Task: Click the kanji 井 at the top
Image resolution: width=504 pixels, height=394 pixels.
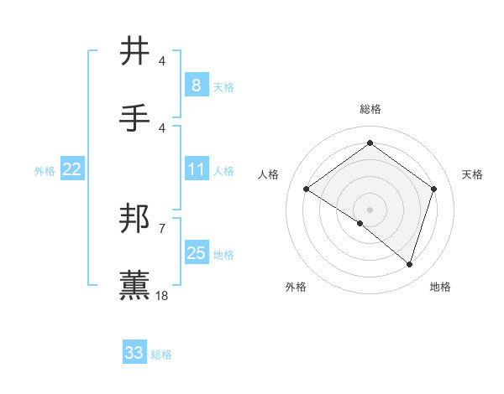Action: coord(135,52)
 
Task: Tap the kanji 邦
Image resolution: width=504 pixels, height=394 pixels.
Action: coord(135,220)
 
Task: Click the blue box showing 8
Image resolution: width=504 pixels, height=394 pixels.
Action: coord(196,86)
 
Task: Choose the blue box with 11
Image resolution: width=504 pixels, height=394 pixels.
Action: coord(196,170)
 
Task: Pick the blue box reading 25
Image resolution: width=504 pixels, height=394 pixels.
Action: coord(196,253)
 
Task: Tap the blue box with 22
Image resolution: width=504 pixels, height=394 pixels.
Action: coord(71,170)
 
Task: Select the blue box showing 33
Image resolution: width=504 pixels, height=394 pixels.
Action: coord(134,353)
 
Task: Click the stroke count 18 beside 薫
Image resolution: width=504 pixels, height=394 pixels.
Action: coord(162,295)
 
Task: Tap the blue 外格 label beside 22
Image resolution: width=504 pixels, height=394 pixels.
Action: coord(45,171)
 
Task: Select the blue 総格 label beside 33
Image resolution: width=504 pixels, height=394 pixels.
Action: coord(161,355)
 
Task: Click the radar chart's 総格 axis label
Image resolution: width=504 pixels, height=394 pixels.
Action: coord(370,109)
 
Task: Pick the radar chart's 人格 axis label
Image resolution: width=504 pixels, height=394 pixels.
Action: coord(269,174)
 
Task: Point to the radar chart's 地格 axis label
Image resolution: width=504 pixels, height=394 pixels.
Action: coord(440,287)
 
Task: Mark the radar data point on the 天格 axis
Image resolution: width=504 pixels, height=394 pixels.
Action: coord(433,189)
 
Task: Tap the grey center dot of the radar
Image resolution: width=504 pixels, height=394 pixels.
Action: coord(370,209)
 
